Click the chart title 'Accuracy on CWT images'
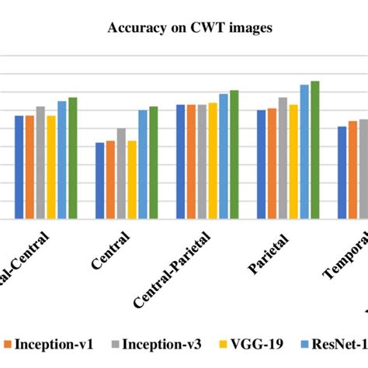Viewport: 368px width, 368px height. tap(183, 30)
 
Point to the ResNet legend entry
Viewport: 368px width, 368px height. tap(334, 344)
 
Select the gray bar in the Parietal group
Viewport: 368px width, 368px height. tap(283, 158)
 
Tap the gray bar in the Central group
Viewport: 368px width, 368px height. tap(121, 174)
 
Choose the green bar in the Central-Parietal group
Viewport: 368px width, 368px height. tap(234, 154)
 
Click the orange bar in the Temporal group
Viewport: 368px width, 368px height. tap(352, 170)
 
